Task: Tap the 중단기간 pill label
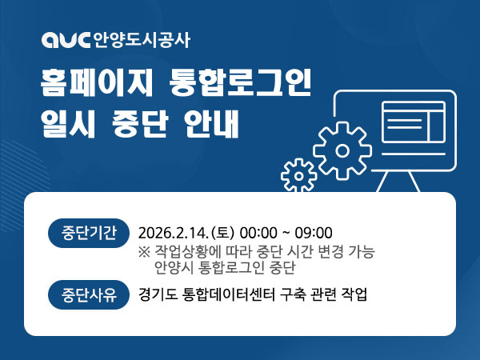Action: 89,233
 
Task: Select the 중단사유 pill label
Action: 89,294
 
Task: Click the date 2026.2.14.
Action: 174,233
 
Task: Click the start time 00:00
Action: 258,233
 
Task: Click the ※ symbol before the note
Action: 144,251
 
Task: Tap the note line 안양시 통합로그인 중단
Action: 221,267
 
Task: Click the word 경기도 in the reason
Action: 157,294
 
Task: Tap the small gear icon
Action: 300,174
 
